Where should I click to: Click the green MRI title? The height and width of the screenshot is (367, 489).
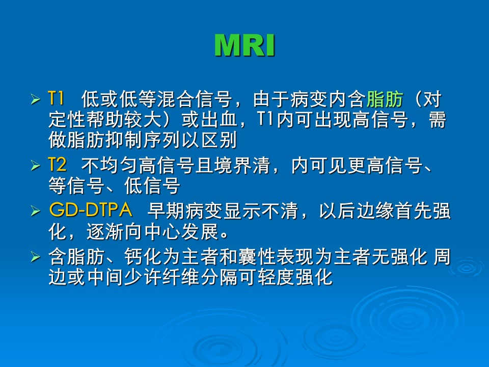pos(244,45)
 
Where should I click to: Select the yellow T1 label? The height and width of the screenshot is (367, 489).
pos(56,98)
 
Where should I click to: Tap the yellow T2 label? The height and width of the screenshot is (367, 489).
pos(58,165)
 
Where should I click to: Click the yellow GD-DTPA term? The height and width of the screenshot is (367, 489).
pos(91,209)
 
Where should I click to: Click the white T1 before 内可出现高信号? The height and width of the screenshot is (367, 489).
pos(266,119)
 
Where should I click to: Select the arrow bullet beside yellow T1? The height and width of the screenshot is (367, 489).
pos(36,99)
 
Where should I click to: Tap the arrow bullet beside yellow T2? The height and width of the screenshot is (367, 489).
pos(36,165)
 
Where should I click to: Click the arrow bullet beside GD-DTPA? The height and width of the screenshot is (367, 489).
pos(36,211)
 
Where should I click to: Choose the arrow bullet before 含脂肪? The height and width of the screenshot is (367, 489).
pos(36,257)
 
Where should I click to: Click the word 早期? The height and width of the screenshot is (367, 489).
pos(166,211)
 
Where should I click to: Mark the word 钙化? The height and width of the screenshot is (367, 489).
pos(143,257)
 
